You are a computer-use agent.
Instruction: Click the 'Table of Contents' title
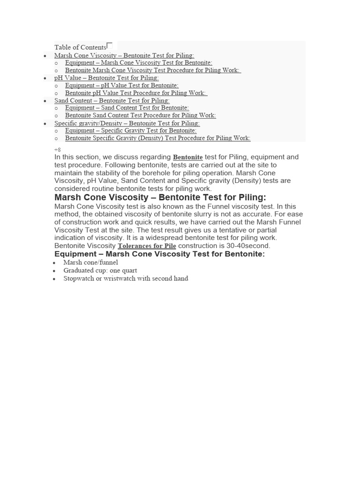click(80, 47)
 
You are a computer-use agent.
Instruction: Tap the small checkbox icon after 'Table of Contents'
click(110, 45)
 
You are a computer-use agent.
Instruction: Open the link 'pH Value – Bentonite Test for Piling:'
click(106, 78)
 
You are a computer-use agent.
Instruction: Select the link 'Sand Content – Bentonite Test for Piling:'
click(112, 100)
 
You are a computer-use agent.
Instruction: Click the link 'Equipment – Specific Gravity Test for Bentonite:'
click(131, 130)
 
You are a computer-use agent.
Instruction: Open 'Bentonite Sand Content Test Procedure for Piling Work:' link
click(141, 115)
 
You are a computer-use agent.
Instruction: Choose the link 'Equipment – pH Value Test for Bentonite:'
click(122, 85)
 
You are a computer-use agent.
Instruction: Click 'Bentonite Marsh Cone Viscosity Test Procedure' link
click(153, 70)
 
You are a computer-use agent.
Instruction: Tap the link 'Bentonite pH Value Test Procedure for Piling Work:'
click(136, 93)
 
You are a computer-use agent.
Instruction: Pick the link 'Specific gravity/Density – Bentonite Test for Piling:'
click(127, 123)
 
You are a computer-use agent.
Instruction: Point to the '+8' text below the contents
click(58, 150)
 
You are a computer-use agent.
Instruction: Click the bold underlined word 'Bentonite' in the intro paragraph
click(187, 157)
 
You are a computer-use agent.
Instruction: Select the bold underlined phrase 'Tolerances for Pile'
click(147, 246)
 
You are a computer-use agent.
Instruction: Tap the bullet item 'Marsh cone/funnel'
click(91, 263)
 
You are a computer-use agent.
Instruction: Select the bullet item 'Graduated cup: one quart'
click(100, 270)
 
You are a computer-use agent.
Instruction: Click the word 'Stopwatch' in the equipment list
click(78, 278)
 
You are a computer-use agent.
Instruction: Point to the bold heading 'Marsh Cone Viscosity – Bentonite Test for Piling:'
click(160, 197)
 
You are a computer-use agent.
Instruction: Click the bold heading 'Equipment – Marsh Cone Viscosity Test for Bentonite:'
click(159, 254)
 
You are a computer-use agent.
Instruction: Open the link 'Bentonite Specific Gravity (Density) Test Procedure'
click(157, 138)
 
